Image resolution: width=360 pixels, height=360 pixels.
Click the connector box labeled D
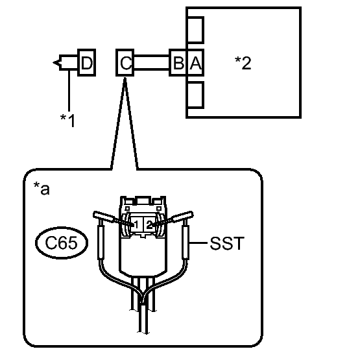click(86, 62)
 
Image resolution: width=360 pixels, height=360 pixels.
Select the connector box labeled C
click(125, 62)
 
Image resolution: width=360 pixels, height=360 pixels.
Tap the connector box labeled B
click(178, 62)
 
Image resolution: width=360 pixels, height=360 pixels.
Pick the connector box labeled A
click(196, 62)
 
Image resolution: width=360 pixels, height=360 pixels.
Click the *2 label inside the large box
click(243, 63)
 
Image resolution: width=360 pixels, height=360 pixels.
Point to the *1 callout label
click(67, 120)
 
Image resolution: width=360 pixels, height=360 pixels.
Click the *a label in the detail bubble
click(42, 188)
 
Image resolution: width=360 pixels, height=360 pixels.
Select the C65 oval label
click(62, 243)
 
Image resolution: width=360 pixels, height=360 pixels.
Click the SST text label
click(227, 243)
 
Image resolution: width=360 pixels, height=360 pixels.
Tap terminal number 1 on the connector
click(136, 224)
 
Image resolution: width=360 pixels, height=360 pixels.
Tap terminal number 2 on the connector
click(149, 224)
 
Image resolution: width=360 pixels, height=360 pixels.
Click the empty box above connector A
click(196, 30)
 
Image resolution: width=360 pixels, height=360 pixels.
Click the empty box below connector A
click(196, 95)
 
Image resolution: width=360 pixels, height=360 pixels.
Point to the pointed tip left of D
click(53, 62)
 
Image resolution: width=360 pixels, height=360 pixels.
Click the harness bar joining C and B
click(152, 62)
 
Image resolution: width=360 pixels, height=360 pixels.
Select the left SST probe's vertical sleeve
click(101, 242)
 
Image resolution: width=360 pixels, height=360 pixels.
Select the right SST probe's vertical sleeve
click(186, 242)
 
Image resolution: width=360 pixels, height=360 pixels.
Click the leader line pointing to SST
click(198, 243)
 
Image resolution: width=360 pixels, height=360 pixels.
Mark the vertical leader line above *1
click(69, 90)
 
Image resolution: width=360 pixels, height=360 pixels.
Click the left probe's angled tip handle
click(103, 216)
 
